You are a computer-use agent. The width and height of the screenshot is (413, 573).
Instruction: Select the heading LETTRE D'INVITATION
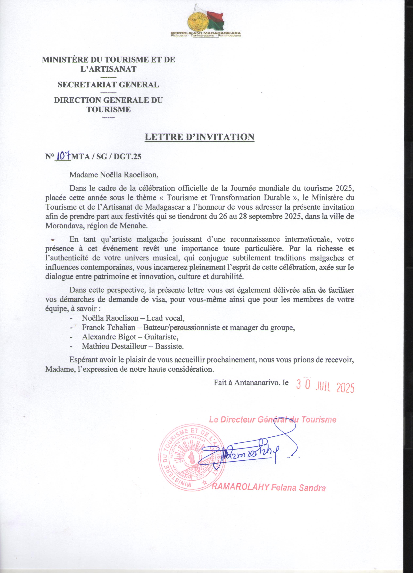point(199,137)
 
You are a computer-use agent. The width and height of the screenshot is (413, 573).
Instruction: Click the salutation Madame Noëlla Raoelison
point(114,175)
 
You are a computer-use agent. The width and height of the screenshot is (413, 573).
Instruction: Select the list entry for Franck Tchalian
point(188,327)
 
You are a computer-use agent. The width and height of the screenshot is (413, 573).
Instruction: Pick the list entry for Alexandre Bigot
point(130,337)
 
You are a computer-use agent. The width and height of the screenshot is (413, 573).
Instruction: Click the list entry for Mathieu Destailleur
point(133,346)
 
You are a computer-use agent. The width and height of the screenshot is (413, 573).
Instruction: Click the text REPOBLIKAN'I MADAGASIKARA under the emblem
point(206,33)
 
